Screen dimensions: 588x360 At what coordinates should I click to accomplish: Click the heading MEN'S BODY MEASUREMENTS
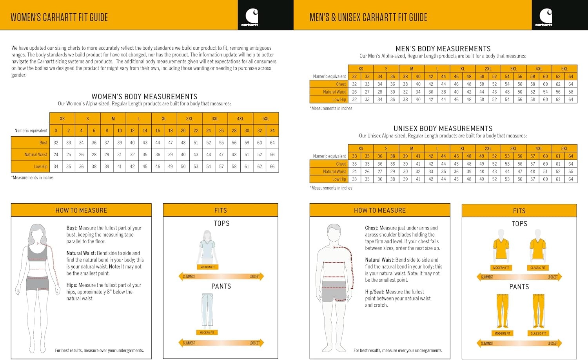(443, 49)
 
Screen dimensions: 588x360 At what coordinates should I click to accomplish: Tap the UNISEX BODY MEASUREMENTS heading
(443, 128)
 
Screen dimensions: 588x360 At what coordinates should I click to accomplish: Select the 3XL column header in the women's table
(215, 119)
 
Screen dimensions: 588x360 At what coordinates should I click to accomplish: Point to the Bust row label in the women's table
(43, 143)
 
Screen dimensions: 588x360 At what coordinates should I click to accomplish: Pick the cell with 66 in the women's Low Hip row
(272, 166)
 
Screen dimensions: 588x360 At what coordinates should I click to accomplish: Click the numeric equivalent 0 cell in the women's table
(56, 131)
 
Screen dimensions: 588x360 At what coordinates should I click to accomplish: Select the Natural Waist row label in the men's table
(334, 92)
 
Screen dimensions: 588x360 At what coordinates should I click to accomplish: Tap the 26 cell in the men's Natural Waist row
(354, 92)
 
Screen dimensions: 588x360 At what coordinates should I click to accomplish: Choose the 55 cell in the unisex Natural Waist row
(571, 171)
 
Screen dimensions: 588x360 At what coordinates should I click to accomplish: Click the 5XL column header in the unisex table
(564, 148)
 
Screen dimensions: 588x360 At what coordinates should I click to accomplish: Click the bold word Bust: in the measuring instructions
(72, 228)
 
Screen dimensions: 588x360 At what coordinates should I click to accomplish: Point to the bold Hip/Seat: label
(375, 292)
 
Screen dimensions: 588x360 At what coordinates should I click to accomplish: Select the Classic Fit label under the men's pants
(538, 333)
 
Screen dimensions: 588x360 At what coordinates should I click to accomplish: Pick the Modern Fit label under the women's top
(207, 267)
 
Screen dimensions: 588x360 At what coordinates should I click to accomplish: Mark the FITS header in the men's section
(519, 211)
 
